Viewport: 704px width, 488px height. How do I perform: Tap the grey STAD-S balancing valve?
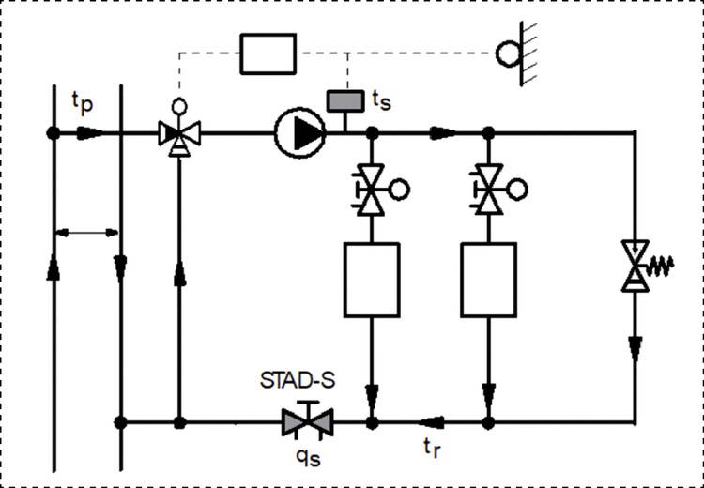308,422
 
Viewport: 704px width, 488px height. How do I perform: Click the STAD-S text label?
298,384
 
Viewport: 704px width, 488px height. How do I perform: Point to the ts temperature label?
381,97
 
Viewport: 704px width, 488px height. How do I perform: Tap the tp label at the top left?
83,100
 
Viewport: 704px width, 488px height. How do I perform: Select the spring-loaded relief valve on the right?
639,265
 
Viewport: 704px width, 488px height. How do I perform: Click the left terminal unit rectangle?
372,279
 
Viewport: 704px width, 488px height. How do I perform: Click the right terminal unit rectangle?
488,279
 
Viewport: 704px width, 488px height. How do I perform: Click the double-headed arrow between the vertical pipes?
86,230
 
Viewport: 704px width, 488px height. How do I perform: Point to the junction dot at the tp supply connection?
53,132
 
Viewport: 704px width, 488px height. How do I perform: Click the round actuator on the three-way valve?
177,106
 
